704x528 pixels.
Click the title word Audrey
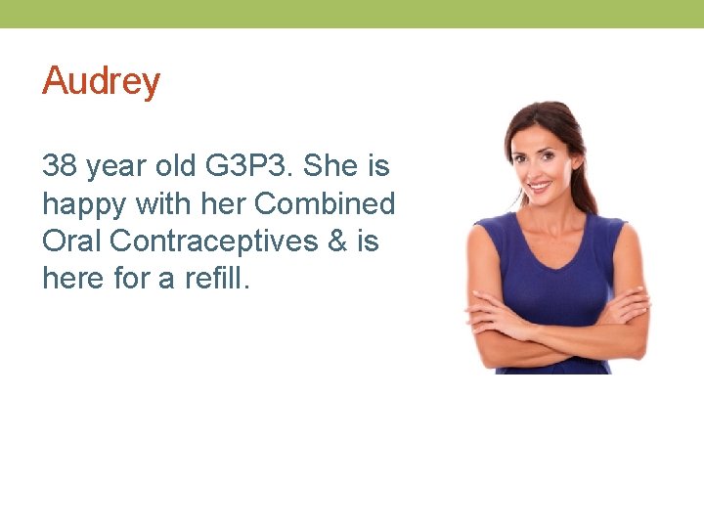point(101,82)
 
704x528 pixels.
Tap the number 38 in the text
point(60,167)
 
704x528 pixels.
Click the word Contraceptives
point(214,241)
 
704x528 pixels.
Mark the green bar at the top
point(352,14)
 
